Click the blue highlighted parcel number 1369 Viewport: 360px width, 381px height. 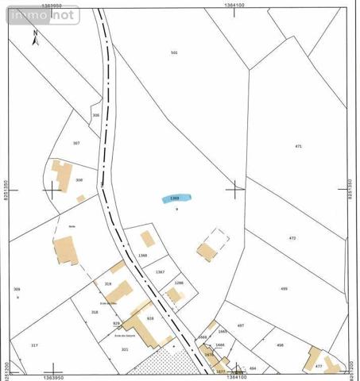tap(176, 198)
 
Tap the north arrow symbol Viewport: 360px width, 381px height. tap(35, 35)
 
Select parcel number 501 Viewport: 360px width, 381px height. tap(174, 52)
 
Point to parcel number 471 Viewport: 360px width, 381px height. tap(298, 147)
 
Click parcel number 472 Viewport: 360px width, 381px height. tap(292, 238)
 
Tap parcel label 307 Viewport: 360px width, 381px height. tap(76, 143)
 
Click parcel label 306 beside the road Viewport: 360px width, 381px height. tap(96, 115)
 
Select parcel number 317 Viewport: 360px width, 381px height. tap(34, 345)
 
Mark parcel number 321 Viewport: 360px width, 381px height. tap(125, 348)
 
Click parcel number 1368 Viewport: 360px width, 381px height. tap(143, 255)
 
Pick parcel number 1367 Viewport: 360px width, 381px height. tap(161, 272)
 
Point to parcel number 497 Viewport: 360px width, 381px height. tap(242, 325)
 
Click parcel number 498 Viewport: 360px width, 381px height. tap(280, 345)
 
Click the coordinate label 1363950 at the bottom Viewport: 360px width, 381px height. tap(54, 377)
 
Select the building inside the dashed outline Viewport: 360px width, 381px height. tap(207, 252)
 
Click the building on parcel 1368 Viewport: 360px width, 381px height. tap(147, 238)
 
